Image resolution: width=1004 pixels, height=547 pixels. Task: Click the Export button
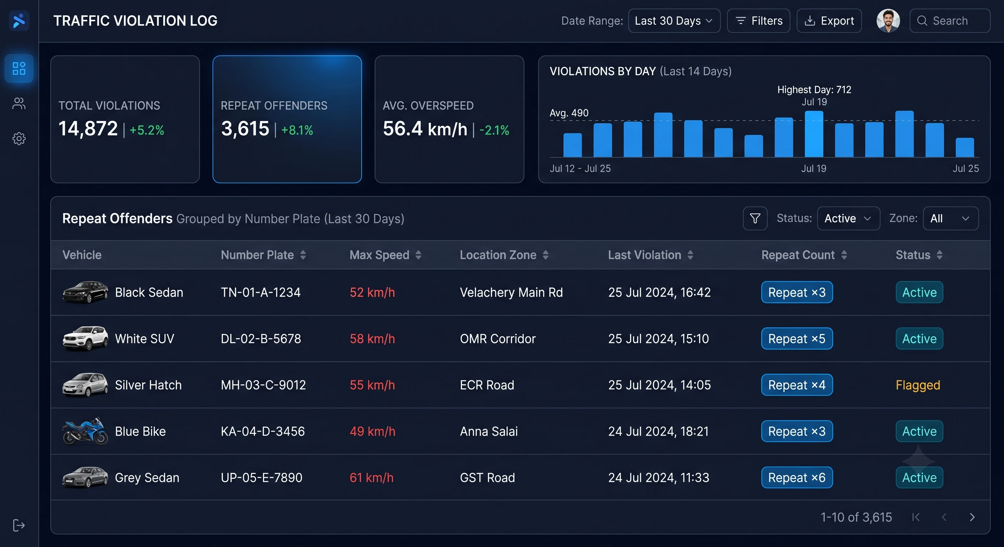(x=829, y=21)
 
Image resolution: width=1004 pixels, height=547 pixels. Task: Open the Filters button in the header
(x=758, y=21)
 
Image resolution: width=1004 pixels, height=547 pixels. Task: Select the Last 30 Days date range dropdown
(x=674, y=21)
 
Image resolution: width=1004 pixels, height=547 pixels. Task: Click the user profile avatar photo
(x=888, y=21)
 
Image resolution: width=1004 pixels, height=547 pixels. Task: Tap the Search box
(x=950, y=21)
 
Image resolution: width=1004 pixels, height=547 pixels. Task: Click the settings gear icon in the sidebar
(x=19, y=138)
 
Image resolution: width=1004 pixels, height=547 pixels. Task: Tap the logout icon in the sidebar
(x=19, y=525)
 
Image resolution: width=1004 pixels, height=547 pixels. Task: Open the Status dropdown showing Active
(x=849, y=218)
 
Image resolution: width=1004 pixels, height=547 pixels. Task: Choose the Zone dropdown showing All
(x=951, y=218)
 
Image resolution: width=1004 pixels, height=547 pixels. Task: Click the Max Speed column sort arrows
(x=418, y=255)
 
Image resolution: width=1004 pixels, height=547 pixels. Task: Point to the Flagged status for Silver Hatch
(x=918, y=385)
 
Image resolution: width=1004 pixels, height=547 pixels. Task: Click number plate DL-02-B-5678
(x=261, y=339)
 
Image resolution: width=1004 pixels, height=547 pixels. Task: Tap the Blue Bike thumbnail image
(x=85, y=431)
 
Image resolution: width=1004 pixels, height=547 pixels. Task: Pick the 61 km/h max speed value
(x=372, y=478)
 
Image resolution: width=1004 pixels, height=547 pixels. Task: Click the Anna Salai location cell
(x=489, y=431)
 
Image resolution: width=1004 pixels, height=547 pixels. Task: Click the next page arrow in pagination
(x=972, y=517)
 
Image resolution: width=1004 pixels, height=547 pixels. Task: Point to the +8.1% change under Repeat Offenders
(x=297, y=130)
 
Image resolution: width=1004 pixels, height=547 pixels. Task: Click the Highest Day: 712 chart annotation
(x=814, y=89)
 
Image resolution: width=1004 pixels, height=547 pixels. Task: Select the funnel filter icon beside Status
(x=755, y=218)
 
